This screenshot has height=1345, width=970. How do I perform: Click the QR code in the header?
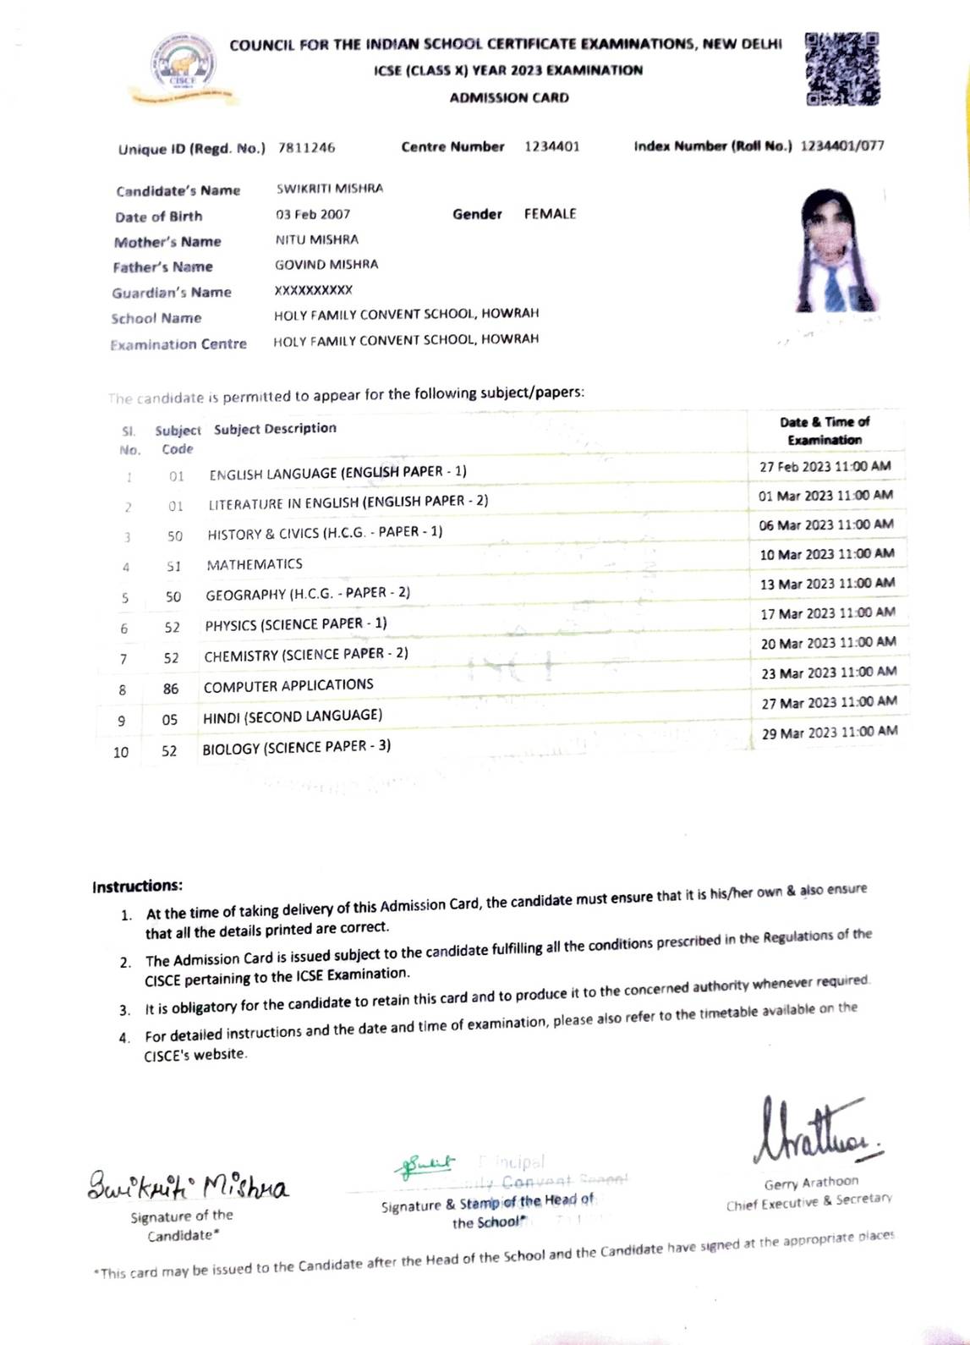click(841, 69)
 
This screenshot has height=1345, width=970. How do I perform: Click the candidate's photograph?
click(834, 251)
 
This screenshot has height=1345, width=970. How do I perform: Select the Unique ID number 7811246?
click(306, 147)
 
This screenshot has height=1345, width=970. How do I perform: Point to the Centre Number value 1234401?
click(551, 146)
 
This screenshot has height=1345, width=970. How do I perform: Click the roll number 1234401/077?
click(841, 145)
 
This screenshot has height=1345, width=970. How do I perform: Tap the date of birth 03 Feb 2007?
click(313, 214)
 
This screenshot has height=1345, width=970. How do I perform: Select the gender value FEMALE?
click(550, 214)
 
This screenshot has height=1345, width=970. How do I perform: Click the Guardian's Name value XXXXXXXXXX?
click(313, 290)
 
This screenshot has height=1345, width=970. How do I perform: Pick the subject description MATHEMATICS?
click(255, 564)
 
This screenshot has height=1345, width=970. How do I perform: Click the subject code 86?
click(171, 689)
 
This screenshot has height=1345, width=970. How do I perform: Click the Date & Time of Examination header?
click(825, 431)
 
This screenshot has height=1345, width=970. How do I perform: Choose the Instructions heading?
click(137, 887)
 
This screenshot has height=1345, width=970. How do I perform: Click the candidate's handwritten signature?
click(188, 1184)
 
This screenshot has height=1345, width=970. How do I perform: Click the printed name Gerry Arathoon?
click(810, 1183)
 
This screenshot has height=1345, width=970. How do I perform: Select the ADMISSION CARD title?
click(509, 97)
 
